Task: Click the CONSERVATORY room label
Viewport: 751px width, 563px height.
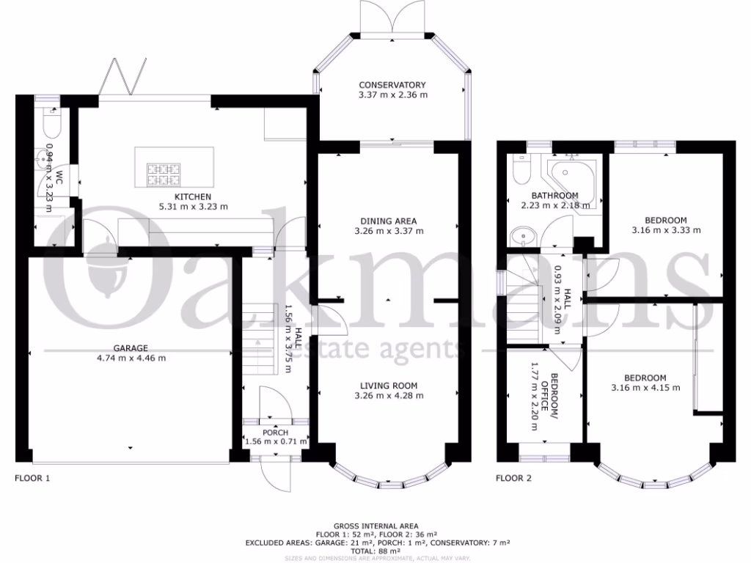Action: tap(392, 85)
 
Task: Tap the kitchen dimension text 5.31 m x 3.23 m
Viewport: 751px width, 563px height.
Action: tap(193, 207)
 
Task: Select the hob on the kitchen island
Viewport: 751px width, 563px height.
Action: tap(164, 173)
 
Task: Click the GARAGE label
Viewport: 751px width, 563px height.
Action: tap(131, 348)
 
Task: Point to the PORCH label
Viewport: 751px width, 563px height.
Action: tap(275, 432)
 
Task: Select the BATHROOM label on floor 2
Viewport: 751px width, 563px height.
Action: tap(554, 196)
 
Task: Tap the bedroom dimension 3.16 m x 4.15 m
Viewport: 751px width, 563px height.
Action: tap(645, 388)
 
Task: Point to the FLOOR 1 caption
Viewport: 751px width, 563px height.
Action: tap(33, 478)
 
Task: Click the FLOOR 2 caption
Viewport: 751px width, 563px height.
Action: tap(513, 478)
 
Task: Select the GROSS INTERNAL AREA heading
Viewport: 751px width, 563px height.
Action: tap(375, 526)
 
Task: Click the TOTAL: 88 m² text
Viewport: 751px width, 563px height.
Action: tap(375, 551)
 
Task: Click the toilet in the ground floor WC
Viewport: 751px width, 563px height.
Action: tap(49, 124)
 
